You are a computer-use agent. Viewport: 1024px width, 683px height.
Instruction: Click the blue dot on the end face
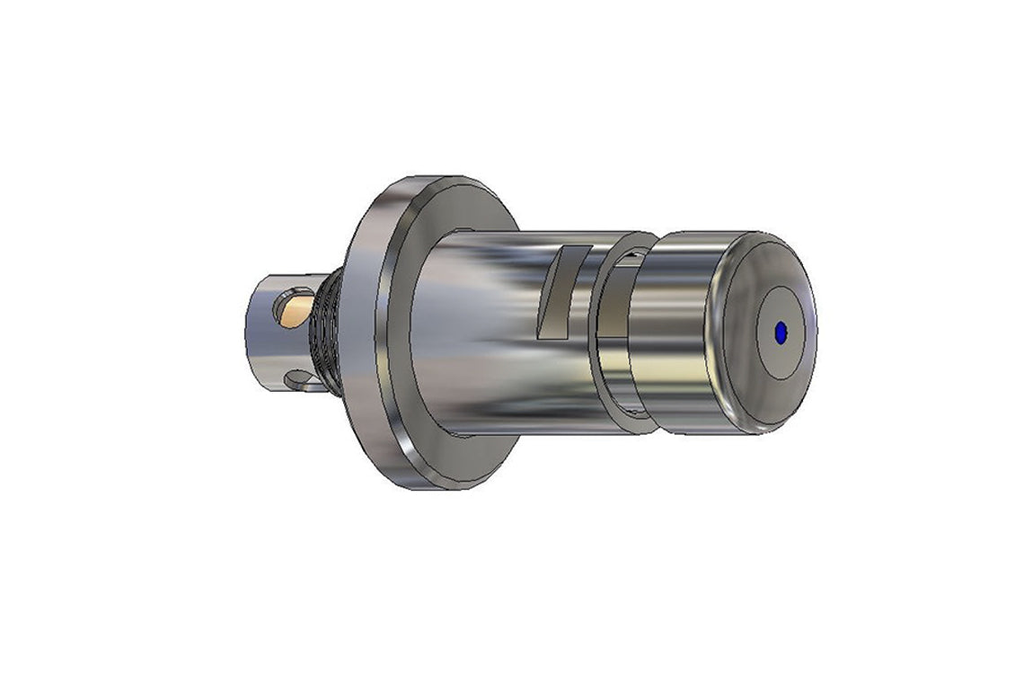click(780, 332)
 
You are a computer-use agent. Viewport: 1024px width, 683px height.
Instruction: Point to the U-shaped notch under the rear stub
click(300, 381)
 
